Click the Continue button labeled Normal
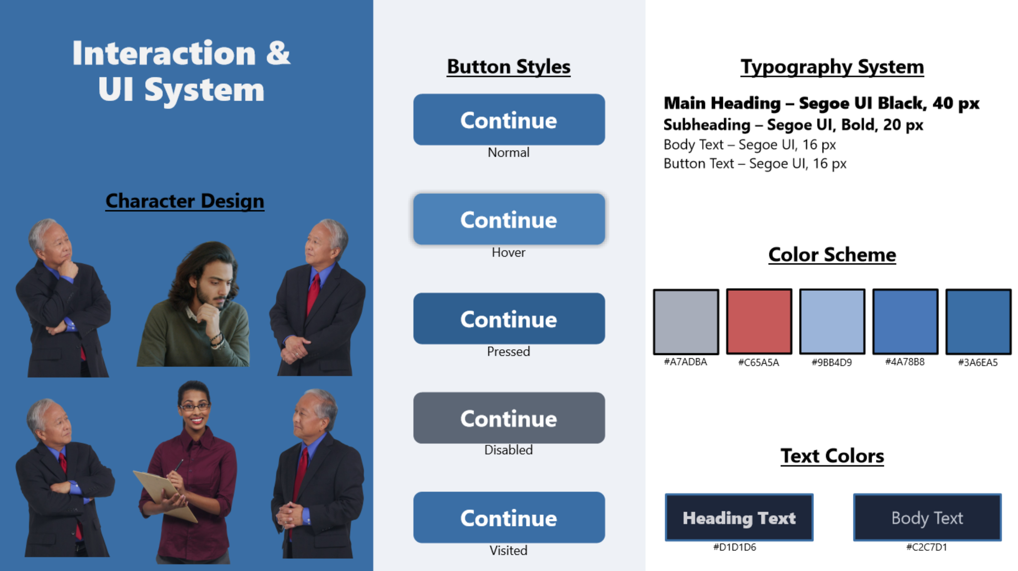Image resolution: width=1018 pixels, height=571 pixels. (509, 120)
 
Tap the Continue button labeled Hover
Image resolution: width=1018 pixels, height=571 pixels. (509, 219)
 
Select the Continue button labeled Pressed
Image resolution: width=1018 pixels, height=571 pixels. (509, 319)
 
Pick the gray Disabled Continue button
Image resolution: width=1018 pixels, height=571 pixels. (509, 418)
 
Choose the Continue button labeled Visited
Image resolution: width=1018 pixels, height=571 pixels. (509, 517)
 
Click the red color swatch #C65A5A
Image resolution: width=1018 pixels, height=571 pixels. (759, 321)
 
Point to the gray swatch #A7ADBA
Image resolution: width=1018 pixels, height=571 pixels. (686, 321)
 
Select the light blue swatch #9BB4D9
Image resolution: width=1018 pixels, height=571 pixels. (832, 321)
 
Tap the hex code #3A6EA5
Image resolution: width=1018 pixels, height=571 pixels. (978, 363)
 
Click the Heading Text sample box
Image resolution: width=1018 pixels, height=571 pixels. (739, 517)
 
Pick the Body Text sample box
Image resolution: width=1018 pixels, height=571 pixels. (927, 517)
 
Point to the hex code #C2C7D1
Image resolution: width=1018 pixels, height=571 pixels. (926, 547)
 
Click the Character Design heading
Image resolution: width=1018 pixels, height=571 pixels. (184, 201)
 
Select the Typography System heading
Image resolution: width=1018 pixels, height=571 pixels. (832, 67)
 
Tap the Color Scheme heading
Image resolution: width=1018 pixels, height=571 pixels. (832, 255)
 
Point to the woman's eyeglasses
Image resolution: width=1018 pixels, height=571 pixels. (194, 407)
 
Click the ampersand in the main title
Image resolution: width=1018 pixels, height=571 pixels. (278, 53)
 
